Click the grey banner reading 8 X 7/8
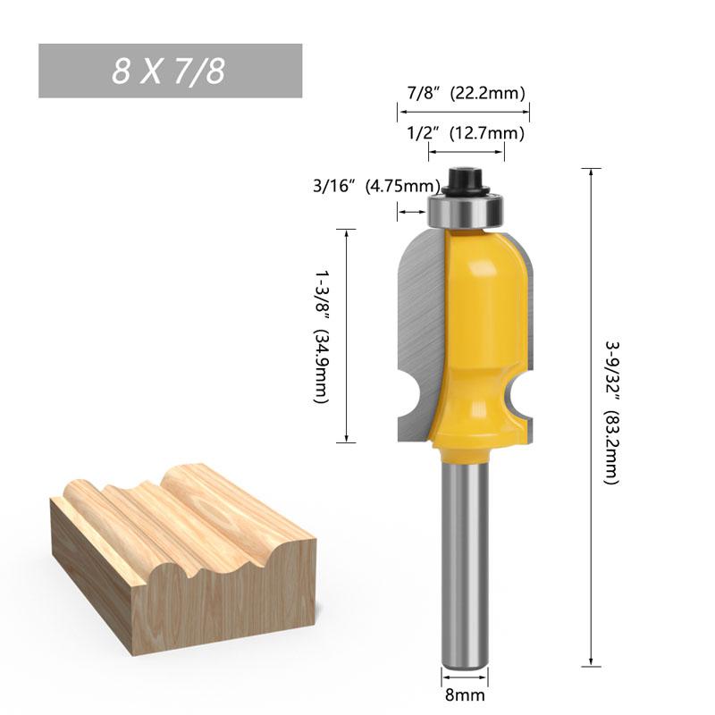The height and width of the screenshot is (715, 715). (170, 71)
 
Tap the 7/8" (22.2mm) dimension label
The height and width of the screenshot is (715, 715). (465, 93)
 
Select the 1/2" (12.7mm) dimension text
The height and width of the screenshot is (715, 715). (465, 134)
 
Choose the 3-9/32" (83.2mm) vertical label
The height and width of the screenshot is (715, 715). (611, 412)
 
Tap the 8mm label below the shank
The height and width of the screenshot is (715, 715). (465, 693)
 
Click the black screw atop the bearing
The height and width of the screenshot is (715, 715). (466, 180)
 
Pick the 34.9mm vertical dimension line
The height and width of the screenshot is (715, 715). (346, 335)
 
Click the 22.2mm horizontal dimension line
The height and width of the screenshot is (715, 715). (464, 112)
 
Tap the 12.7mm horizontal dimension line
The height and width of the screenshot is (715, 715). (466, 153)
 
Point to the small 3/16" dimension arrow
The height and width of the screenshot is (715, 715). (412, 212)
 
